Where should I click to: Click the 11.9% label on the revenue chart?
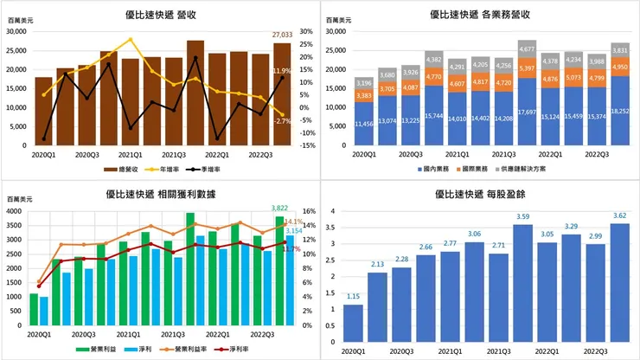281,71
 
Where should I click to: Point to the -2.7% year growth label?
282,121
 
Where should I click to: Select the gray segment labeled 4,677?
527,49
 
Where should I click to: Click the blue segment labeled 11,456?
339,125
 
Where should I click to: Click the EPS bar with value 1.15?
353,322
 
